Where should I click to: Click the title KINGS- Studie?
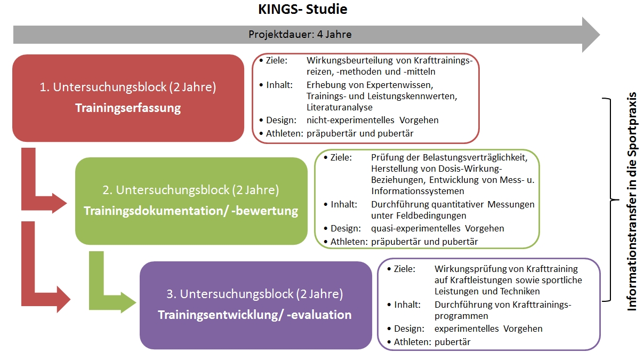(x=302, y=9)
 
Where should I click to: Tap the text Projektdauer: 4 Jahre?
(x=300, y=35)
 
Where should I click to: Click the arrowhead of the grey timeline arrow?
(x=590, y=35)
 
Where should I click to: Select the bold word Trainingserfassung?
(x=128, y=108)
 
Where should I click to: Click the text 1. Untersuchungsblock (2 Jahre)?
(x=128, y=87)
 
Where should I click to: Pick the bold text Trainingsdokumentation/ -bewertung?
(x=191, y=211)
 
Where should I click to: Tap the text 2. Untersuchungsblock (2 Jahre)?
(x=191, y=190)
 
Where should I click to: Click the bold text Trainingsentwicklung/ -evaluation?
(x=255, y=315)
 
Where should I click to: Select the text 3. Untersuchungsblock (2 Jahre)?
(x=255, y=294)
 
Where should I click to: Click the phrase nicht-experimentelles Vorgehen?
(x=373, y=120)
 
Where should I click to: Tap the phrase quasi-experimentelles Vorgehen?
(x=438, y=228)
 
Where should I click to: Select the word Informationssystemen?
(x=417, y=191)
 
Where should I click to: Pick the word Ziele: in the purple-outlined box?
(x=404, y=269)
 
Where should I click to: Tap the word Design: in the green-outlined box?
(x=346, y=228)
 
